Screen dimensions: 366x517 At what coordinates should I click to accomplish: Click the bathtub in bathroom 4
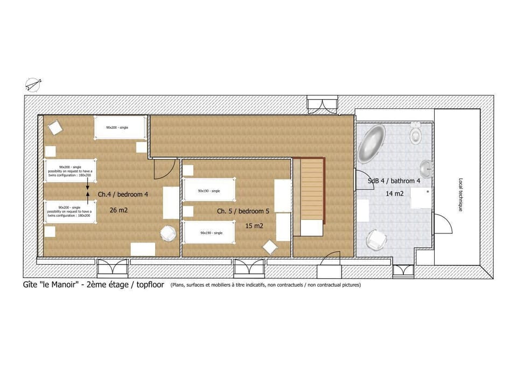coord(372,144)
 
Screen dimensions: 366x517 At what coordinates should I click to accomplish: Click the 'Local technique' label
coord(460,194)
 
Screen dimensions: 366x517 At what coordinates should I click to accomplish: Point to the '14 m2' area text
coord(395,193)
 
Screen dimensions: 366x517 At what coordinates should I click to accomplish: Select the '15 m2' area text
coord(254,226)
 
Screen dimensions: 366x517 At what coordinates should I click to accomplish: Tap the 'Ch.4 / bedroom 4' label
coord(123,194)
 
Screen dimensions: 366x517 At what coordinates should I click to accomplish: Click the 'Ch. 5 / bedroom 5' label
coord(243,211)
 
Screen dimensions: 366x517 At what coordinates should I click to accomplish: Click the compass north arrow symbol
coord(32,84)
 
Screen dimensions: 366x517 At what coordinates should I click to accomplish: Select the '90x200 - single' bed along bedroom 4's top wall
coord(120,128)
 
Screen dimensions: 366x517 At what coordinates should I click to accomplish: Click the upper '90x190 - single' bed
coord(209,191)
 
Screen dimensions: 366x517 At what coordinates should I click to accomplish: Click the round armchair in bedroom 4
coord(169,233)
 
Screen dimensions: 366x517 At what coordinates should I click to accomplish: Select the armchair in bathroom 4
coord(375,239)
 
